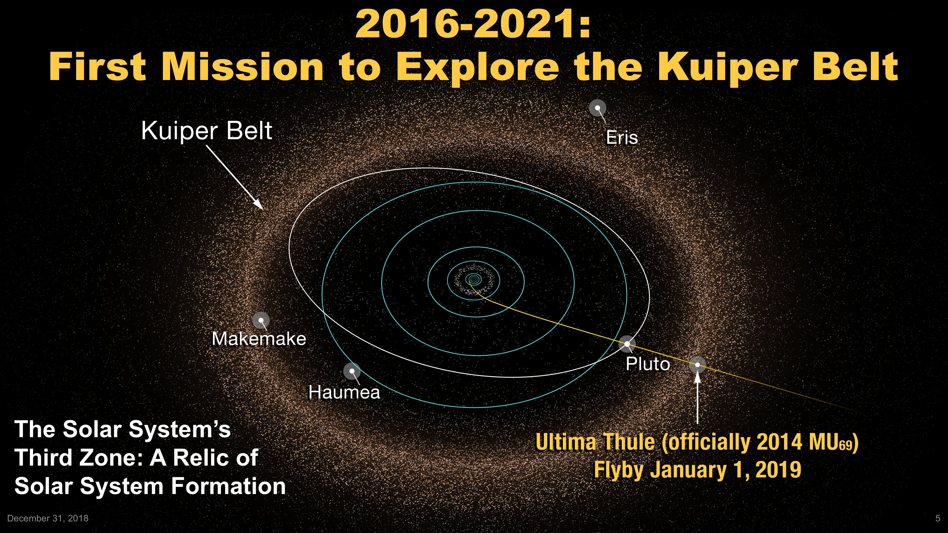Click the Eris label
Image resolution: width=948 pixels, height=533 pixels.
tap(622, 138)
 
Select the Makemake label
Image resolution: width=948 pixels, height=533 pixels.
tap(259, 338)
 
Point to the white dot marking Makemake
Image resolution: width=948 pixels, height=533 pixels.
tap(261, 320)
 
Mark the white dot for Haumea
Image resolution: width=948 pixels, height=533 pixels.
tap(352, 371)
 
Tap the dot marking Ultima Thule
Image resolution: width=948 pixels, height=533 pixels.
tap(697, 365)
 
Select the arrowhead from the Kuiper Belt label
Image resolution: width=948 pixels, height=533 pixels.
tap(258, 205)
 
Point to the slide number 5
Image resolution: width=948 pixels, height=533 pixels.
tap(938, 518)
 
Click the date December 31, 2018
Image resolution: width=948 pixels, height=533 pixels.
tap(48, 518)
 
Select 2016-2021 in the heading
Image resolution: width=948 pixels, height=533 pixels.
tap(473, 24)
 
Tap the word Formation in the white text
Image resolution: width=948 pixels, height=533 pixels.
tap(229, 486)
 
